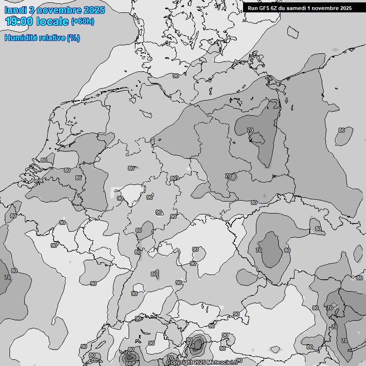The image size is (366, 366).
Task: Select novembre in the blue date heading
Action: point(59,10)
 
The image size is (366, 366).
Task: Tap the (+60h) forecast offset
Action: point(82,21)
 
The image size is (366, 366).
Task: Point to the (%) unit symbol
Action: point(73,38)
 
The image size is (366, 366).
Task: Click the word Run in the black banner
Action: point(253,8)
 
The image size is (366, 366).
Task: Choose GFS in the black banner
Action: point(264,8)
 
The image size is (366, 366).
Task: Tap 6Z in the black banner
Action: point(274,8)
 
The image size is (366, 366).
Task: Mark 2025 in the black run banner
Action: point(345,8)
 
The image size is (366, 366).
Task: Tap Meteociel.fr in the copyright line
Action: point(222,363)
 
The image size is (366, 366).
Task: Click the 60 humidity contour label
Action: point(129,364)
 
